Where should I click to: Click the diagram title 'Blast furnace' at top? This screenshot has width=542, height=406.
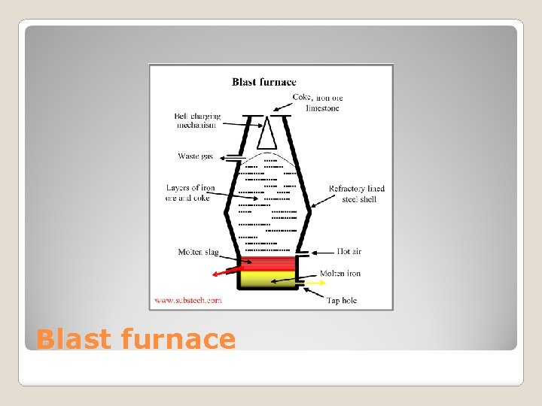click(263, 82)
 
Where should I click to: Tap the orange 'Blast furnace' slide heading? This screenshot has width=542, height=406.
click(135, 339)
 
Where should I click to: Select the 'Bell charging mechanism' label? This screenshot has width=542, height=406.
click(197, 120)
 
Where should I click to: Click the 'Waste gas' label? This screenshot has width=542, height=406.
click(195, 156)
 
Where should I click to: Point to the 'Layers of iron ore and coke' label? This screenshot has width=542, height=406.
click(190, 192)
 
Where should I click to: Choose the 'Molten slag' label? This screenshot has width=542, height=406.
click(199, 252)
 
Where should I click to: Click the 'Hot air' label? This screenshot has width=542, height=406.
click(349, 251)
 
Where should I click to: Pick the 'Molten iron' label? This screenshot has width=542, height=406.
click(340, 273)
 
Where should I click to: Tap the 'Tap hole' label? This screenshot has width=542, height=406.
click(341, 300)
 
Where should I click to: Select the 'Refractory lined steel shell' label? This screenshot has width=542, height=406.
click(357, 193)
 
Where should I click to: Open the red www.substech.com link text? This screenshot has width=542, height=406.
click(188, 300)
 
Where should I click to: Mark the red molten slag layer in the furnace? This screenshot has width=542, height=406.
click(268, 262)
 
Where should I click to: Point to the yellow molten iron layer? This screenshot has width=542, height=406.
click(268, 280)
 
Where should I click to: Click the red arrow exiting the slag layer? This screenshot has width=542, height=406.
click(226, 270)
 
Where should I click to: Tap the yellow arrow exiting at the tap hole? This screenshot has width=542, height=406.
click(314, 284)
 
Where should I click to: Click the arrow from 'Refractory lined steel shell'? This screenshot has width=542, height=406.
click(321, 199)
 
